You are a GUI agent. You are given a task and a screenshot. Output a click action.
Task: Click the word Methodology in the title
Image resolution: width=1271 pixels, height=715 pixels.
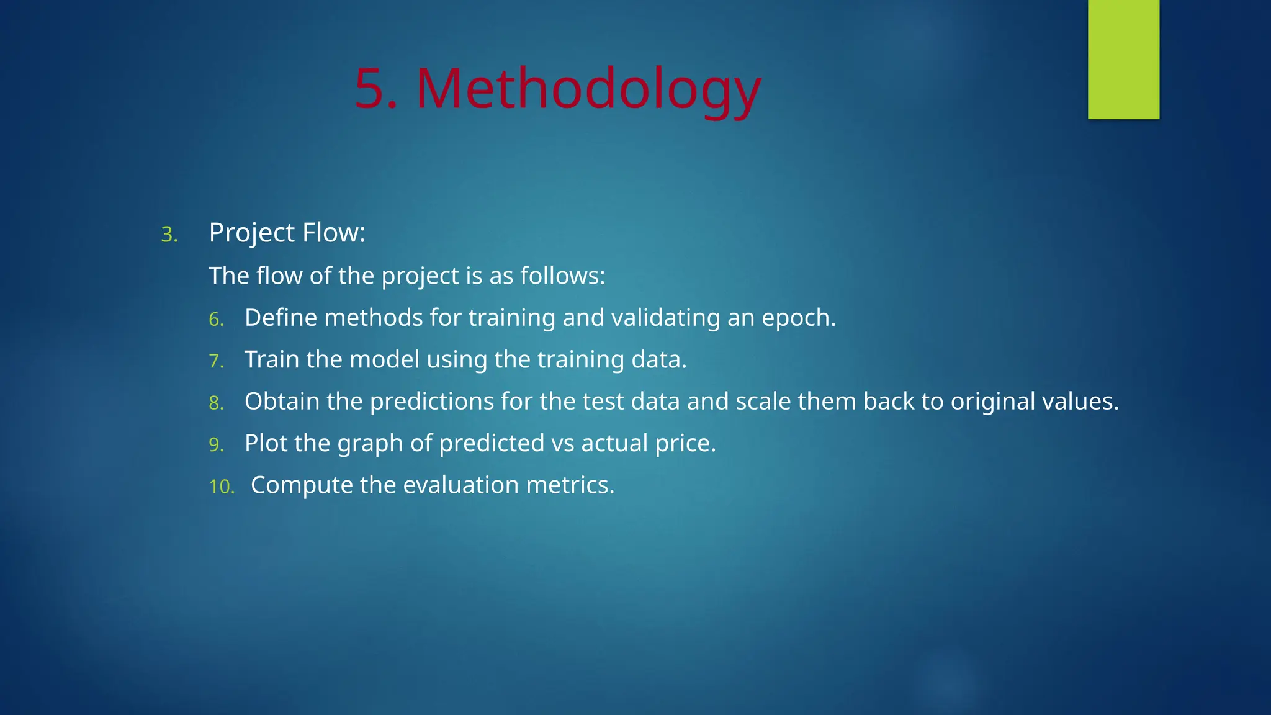click(588, 90)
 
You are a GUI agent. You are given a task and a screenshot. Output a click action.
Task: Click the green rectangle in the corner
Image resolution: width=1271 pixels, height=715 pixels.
click(1123, 59)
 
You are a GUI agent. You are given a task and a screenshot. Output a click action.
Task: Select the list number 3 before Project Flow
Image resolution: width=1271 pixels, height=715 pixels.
click(168, 235)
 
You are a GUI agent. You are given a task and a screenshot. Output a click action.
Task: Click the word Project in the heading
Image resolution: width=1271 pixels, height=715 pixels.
click(252, 233)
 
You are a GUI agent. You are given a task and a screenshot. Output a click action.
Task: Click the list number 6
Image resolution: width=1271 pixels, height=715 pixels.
click(215, 320)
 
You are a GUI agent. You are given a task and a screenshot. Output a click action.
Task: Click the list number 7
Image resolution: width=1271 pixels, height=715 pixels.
click(215, 361)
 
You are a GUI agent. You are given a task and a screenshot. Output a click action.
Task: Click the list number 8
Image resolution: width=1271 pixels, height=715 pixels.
click(215, 403)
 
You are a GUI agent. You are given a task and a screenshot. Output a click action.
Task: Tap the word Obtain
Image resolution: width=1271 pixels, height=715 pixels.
click(282, 402)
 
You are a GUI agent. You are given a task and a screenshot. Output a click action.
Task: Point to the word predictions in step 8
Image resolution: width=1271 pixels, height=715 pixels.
click(432, 402)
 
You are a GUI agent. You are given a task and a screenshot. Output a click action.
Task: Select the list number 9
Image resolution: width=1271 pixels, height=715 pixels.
click(215, 445)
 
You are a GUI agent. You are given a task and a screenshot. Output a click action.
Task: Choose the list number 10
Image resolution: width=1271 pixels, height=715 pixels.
click(222, 487)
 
